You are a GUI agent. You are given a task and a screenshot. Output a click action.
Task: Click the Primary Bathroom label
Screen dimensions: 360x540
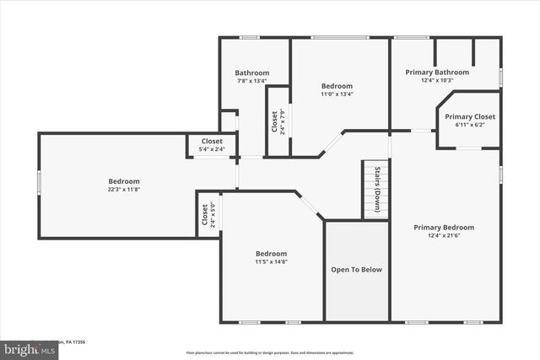(444, 73)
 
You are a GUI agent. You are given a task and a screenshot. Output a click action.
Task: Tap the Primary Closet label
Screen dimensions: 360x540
(470, 116)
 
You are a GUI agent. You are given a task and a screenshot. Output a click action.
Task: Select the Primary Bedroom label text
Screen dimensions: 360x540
(443, 227)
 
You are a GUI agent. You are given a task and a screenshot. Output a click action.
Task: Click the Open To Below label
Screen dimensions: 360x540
(356, 270)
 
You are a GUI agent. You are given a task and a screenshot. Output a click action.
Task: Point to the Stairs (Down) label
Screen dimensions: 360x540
(377, 190)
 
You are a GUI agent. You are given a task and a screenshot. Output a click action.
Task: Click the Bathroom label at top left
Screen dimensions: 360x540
(251, 73)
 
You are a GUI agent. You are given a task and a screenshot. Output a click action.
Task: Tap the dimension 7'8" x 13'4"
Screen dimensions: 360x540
(251, 82)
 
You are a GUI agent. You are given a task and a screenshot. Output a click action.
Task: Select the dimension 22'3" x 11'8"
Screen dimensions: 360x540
(123, 191)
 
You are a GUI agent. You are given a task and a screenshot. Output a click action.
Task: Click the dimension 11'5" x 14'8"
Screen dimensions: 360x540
(272, 262)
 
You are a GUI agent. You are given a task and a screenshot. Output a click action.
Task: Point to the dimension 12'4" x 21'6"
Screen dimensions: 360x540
(443, 236)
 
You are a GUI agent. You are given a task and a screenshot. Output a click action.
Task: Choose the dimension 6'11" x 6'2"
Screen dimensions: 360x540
(470, 125)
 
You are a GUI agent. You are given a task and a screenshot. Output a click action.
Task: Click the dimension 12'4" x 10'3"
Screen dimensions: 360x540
(444, 81)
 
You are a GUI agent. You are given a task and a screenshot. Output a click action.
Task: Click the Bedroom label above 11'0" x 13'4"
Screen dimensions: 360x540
(337, 86)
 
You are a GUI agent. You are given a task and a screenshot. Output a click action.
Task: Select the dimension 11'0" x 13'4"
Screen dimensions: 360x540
(337, 94)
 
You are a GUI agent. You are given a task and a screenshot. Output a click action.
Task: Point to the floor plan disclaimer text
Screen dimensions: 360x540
(270, 352)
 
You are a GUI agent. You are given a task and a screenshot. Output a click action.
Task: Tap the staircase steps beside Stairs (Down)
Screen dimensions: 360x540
(369, 190)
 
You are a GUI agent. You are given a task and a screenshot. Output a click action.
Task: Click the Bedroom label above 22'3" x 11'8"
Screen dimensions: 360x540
(123, 181)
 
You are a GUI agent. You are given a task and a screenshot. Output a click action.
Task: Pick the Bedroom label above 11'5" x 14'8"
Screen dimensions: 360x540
(272, 254)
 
